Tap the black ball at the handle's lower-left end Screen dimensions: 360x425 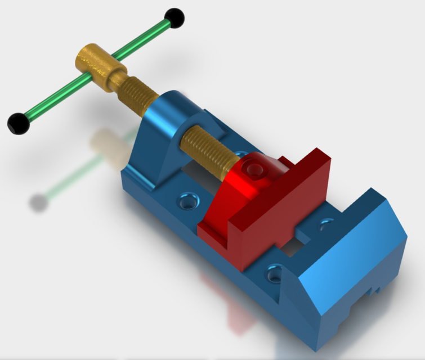point(19,123)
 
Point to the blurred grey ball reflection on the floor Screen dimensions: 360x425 point(38,201)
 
